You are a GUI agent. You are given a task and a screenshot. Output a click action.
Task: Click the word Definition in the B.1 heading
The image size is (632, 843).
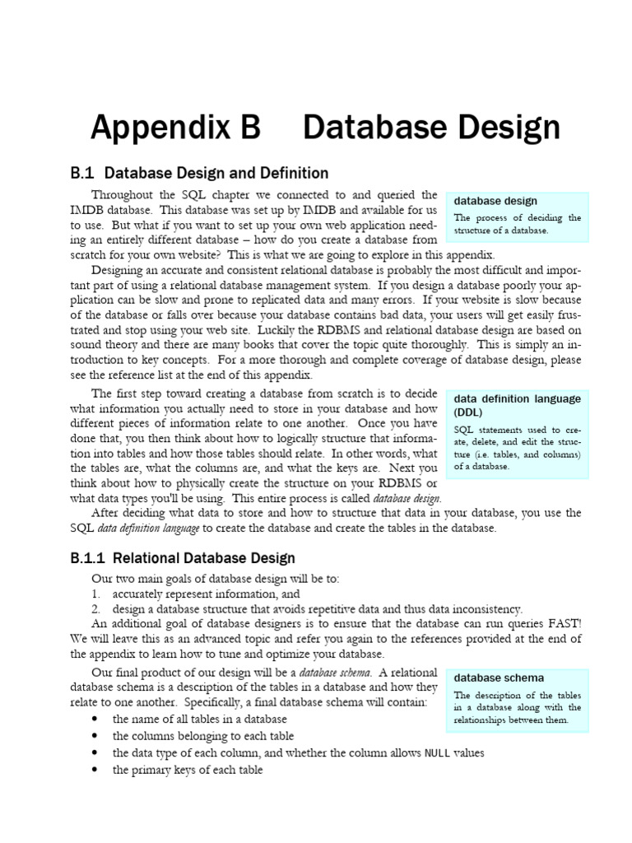click(x=291, y=173)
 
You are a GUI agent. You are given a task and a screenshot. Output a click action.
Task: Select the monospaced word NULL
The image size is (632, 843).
click(x=437, y=753)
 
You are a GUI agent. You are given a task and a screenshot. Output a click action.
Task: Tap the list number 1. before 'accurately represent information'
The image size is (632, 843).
click(x=96, y=594)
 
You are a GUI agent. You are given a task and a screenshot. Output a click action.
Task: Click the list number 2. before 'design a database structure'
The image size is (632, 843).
click(x=96, y=608)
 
